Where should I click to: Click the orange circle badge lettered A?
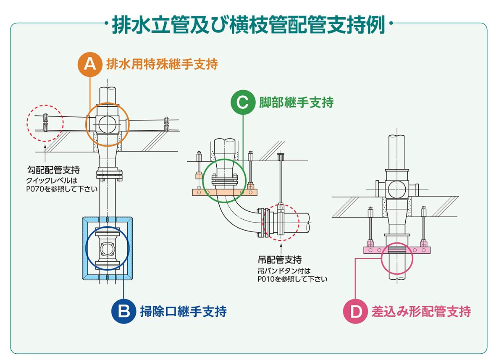point(90,64)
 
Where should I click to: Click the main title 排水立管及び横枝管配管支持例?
point(249,25)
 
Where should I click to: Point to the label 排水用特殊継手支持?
point(162,64)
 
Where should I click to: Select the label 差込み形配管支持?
point(421,311)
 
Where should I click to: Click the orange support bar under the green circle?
point(224,192)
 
